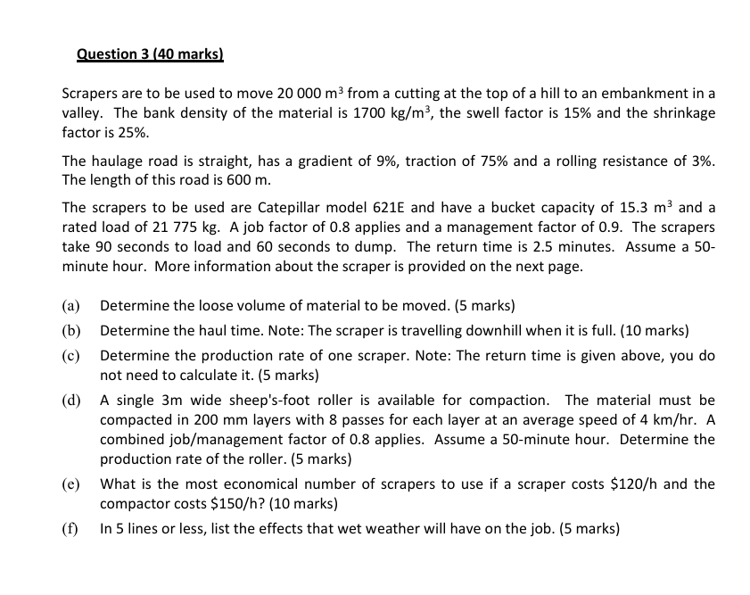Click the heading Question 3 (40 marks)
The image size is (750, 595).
point(150,54)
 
